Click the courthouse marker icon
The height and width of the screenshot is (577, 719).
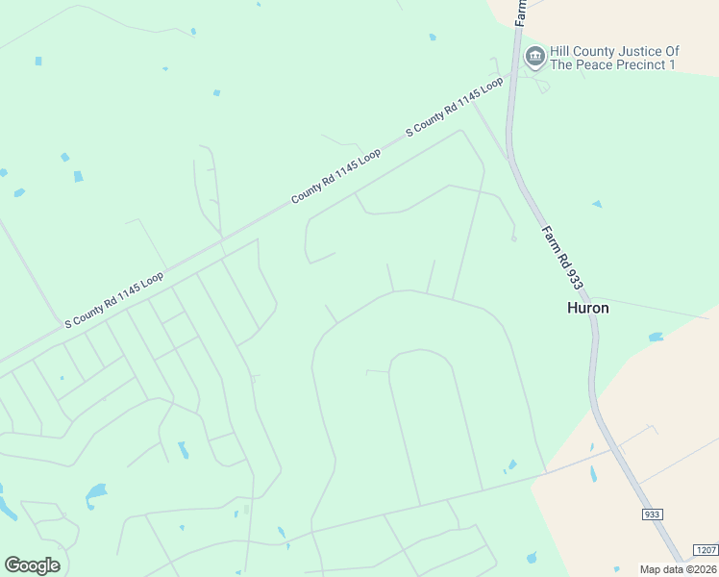tap(534, 58)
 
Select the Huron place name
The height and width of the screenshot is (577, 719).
tap(587, 309)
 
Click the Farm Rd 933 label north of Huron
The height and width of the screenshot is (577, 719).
tap(562, 258)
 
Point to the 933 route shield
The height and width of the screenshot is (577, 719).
tap(652, 514)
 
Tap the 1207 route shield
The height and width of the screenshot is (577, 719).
tap(705, 549)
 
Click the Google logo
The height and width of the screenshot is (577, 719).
tap(32, 564)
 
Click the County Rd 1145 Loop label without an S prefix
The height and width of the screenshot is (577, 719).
tap(336, 176)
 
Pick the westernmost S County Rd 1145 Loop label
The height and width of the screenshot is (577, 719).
tap(113, 299)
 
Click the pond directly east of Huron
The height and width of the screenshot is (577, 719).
tap(656, 338)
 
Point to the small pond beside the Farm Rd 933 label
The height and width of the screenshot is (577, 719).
tap(597, 204)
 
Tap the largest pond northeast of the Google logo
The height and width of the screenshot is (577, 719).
tap(96, 494)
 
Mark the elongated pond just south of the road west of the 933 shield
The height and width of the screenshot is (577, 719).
tap(593, 474)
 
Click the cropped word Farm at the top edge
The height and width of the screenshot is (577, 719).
tap(520, 12)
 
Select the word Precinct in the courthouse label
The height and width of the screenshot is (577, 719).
tap(637, 64)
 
